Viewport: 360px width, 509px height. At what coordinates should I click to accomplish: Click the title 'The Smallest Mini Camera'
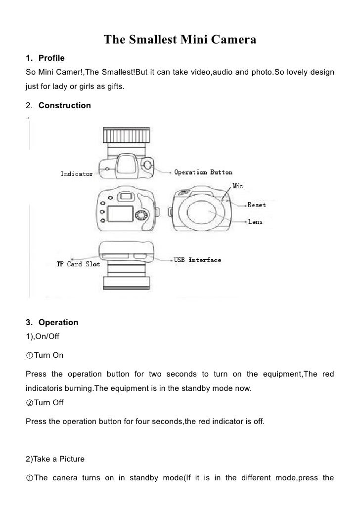[x=180, y=40]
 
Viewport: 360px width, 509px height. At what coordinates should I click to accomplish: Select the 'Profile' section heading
[x=51, y=59]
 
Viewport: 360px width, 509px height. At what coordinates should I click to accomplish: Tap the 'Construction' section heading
[x=64, y=105]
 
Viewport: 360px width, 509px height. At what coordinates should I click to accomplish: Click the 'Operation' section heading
[x=58, y=322]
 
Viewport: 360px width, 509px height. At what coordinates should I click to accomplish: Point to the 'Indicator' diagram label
[x=76, y=173]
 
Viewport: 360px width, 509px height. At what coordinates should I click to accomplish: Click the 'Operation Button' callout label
[x=203, y=172]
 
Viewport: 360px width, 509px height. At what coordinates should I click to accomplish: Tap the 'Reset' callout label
[x=257, y=204]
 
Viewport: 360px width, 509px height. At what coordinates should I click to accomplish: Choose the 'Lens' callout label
[x=255, y=222]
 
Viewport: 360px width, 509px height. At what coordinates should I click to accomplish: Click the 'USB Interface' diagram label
[x=197, y=259]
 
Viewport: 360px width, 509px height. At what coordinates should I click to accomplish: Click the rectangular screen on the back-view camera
[x=120, y=213]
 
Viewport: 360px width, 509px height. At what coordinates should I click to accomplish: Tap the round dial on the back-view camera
[x=142, y=215]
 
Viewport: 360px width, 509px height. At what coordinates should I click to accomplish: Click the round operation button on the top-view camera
[x=148, y=165]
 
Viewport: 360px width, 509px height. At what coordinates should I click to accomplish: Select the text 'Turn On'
[x=48, y=355]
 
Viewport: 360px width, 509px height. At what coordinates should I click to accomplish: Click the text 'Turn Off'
[x=48, y=403]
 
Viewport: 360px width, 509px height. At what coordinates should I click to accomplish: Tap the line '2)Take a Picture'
[x=55, y=459]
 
